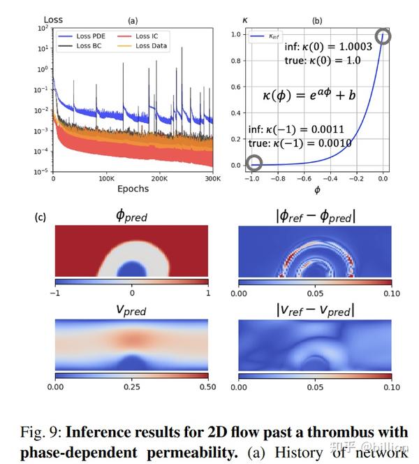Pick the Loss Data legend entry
point(153,45)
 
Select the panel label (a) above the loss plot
point(133,20)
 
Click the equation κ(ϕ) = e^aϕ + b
point(309,95)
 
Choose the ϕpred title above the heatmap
point(132,217)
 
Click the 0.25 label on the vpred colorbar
point(132,386)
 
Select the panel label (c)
point(41,217)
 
